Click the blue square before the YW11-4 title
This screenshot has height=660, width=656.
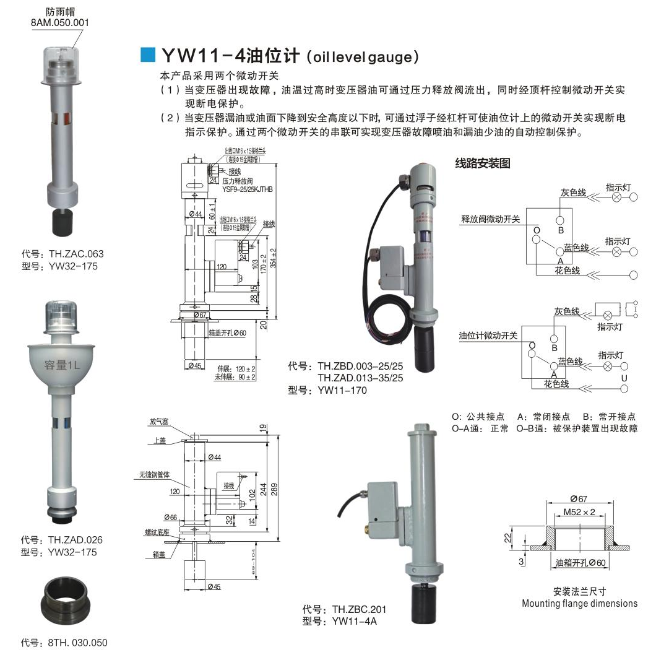click(x=148, y=55)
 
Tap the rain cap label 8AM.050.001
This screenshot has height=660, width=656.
click(x=60, y=23)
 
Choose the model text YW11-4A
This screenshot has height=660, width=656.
click(x=355, y=622)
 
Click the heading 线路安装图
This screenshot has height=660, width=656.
click(x=483, y=164)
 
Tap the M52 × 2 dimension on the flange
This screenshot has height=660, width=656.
click(x=579, y=512)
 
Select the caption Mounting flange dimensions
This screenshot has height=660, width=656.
click(x=579, y=603)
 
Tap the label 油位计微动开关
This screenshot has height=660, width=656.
click(x=490, y=335)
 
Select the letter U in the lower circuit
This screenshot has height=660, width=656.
click(x=624, y=377)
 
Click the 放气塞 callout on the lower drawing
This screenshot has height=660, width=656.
click(x=158, y=421)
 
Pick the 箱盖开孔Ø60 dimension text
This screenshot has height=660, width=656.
click(x=228, y=333)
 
